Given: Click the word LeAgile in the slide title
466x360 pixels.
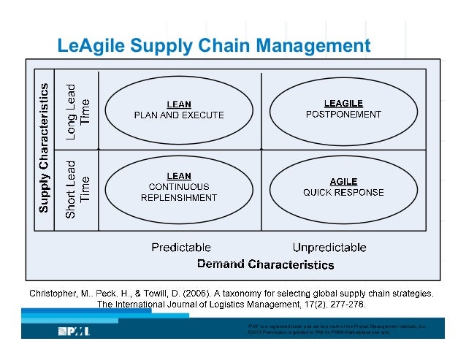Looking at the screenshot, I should pyautogui.click(x=91, y=47).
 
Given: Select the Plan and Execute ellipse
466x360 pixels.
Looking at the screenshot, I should pyautogui.click(x=179, y=110).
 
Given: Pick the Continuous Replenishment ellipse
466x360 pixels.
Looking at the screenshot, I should pyautogui.click(x=179, y=187).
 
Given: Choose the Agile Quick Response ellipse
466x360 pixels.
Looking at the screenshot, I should pyautogui.click(x=343, y=187).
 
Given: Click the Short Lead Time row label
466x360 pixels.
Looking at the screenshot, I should pyautogui.click(x=77, y=188).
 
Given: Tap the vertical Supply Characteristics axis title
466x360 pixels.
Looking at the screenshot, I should pyautogui.click(x=44, y=148).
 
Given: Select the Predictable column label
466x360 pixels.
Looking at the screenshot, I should pyautogui.click(x=181, y=248).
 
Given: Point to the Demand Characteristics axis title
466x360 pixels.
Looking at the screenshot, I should pyautogui.click(x=266, y=264).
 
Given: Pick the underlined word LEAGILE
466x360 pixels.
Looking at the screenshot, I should pyautogui.click(x=343, y=103).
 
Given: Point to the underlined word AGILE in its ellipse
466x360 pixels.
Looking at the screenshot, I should pyautogui.click(x=343, y=182).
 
